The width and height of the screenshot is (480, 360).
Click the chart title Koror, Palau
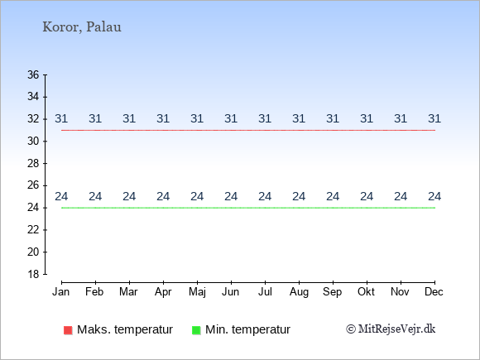(x=82, y=27)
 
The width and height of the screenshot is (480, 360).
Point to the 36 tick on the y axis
(x=33, y=74)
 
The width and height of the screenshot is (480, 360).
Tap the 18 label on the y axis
(x=33, y=274)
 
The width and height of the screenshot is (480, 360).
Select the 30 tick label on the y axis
(x=33, y=142)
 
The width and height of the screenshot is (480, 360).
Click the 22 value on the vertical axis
(x=33, y=230)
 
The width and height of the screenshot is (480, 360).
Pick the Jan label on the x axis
(x=61, y=292)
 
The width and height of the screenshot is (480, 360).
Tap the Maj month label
(x=197, y=292)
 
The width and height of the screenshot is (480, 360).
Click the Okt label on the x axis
(x=366, y=292)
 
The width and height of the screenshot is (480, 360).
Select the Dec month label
(x=434, y=292)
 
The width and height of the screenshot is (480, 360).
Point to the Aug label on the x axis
(x=299, y=292)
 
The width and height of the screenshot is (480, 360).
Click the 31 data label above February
(x=95, y=118)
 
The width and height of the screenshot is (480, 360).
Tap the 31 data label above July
(x=265, y=118)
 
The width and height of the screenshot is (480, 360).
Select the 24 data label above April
(x=163, y=196)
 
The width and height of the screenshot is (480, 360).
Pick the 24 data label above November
(x=401, y=196)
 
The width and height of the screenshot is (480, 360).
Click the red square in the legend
(x=68, y=330)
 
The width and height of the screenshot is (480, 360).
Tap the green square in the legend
(x=196, y=330)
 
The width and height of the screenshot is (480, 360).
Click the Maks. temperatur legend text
(x=125, y=329)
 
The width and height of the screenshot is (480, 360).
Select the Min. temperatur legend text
(x=247, y=329)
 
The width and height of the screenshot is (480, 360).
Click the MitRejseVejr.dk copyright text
(x=391, y=329)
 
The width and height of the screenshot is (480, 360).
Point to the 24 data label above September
(x=333, y=196)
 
